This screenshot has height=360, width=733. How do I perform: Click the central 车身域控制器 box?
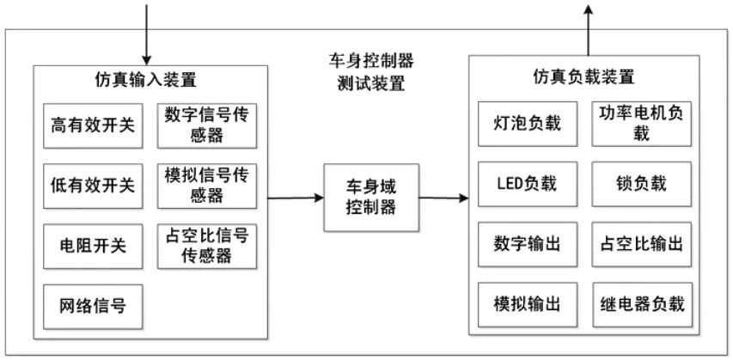[x=370, y=197]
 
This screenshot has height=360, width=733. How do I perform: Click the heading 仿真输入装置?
[x=145, y=80]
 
